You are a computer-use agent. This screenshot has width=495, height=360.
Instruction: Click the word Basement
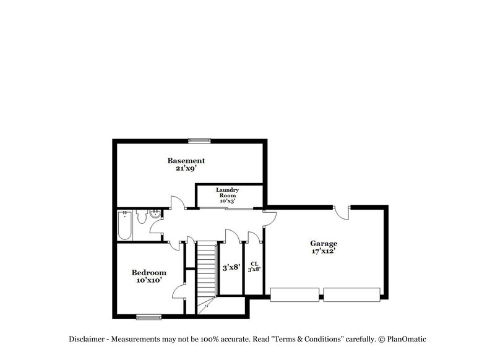click(186, 161)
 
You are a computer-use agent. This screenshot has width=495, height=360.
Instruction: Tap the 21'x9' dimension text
click(186, 168)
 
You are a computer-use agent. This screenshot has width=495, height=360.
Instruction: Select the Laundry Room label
click(223, 195)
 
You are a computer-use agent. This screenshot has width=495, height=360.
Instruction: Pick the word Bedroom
click(148, 273)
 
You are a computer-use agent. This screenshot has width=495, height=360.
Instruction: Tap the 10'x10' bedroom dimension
click(148, 280)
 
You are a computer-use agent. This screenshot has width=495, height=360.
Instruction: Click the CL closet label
click(254, 264)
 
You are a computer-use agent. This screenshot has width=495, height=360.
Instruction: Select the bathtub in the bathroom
click(125, 226)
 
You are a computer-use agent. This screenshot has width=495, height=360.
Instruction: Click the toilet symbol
click(142, 218)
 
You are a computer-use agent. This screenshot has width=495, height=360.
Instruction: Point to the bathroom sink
click(155, 215)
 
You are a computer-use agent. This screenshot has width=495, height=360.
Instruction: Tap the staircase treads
click(206, 269)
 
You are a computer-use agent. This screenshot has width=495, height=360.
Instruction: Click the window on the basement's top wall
click(200, 140)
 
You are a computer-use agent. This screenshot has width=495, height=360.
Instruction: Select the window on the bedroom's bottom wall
click(148, 317)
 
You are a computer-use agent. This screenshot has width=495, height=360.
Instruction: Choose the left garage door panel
click(295, 294)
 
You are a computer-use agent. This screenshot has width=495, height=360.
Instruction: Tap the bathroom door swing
click(155, 237)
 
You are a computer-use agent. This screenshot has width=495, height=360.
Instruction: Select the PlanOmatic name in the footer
click(407, 339)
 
